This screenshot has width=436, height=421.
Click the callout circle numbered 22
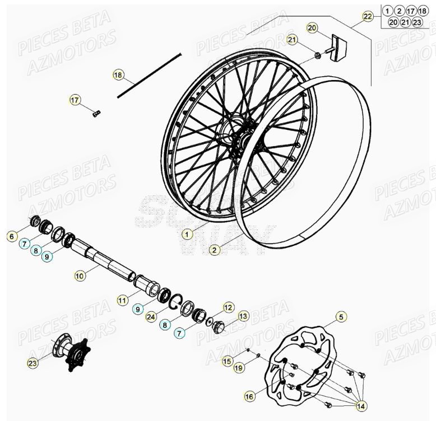point(367,17)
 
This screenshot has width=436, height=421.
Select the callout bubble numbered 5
point(341,317)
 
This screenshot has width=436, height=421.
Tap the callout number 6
point(12,237)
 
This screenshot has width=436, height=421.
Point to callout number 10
point(80,275)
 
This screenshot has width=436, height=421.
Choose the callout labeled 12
point(228,307)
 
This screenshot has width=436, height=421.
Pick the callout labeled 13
point(243,316)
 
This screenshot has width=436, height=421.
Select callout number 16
point(249,396)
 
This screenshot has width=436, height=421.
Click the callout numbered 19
point(238,368)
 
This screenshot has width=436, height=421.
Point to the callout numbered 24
point(150,317)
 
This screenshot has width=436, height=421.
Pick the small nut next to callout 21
point(317,55)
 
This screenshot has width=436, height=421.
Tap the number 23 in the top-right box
point(416,22)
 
